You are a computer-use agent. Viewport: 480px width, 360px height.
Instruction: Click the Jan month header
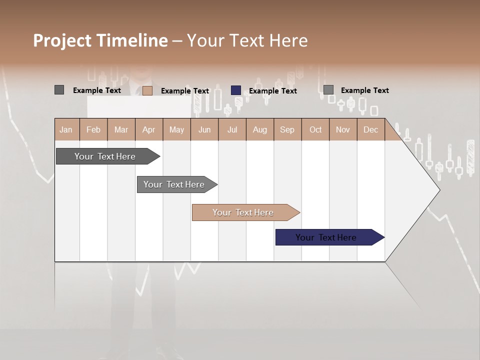click(66, 130)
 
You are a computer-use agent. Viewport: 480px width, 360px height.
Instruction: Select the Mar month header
click(121, 130)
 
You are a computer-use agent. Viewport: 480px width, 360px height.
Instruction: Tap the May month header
click(176, 130)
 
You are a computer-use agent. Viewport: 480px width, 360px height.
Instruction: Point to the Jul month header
click(232, 130)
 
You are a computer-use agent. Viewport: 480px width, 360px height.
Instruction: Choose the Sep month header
click(287, 130)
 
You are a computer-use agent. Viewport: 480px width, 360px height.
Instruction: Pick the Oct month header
click(315, 130)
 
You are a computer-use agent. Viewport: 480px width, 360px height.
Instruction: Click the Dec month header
click(370, 130)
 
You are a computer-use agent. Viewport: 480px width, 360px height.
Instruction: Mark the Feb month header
click(93, 130)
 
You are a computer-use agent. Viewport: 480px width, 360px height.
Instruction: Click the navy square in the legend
click(236, 90)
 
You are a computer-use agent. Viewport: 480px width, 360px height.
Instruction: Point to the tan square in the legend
click(147, 90)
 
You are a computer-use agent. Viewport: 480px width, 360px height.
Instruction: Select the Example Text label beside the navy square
click(273, 91)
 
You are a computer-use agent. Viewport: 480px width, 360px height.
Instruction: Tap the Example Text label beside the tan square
click(185, 91)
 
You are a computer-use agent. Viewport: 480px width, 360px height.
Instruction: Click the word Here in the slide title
click(288, 40)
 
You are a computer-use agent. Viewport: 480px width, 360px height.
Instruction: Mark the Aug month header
click(259, 130)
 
